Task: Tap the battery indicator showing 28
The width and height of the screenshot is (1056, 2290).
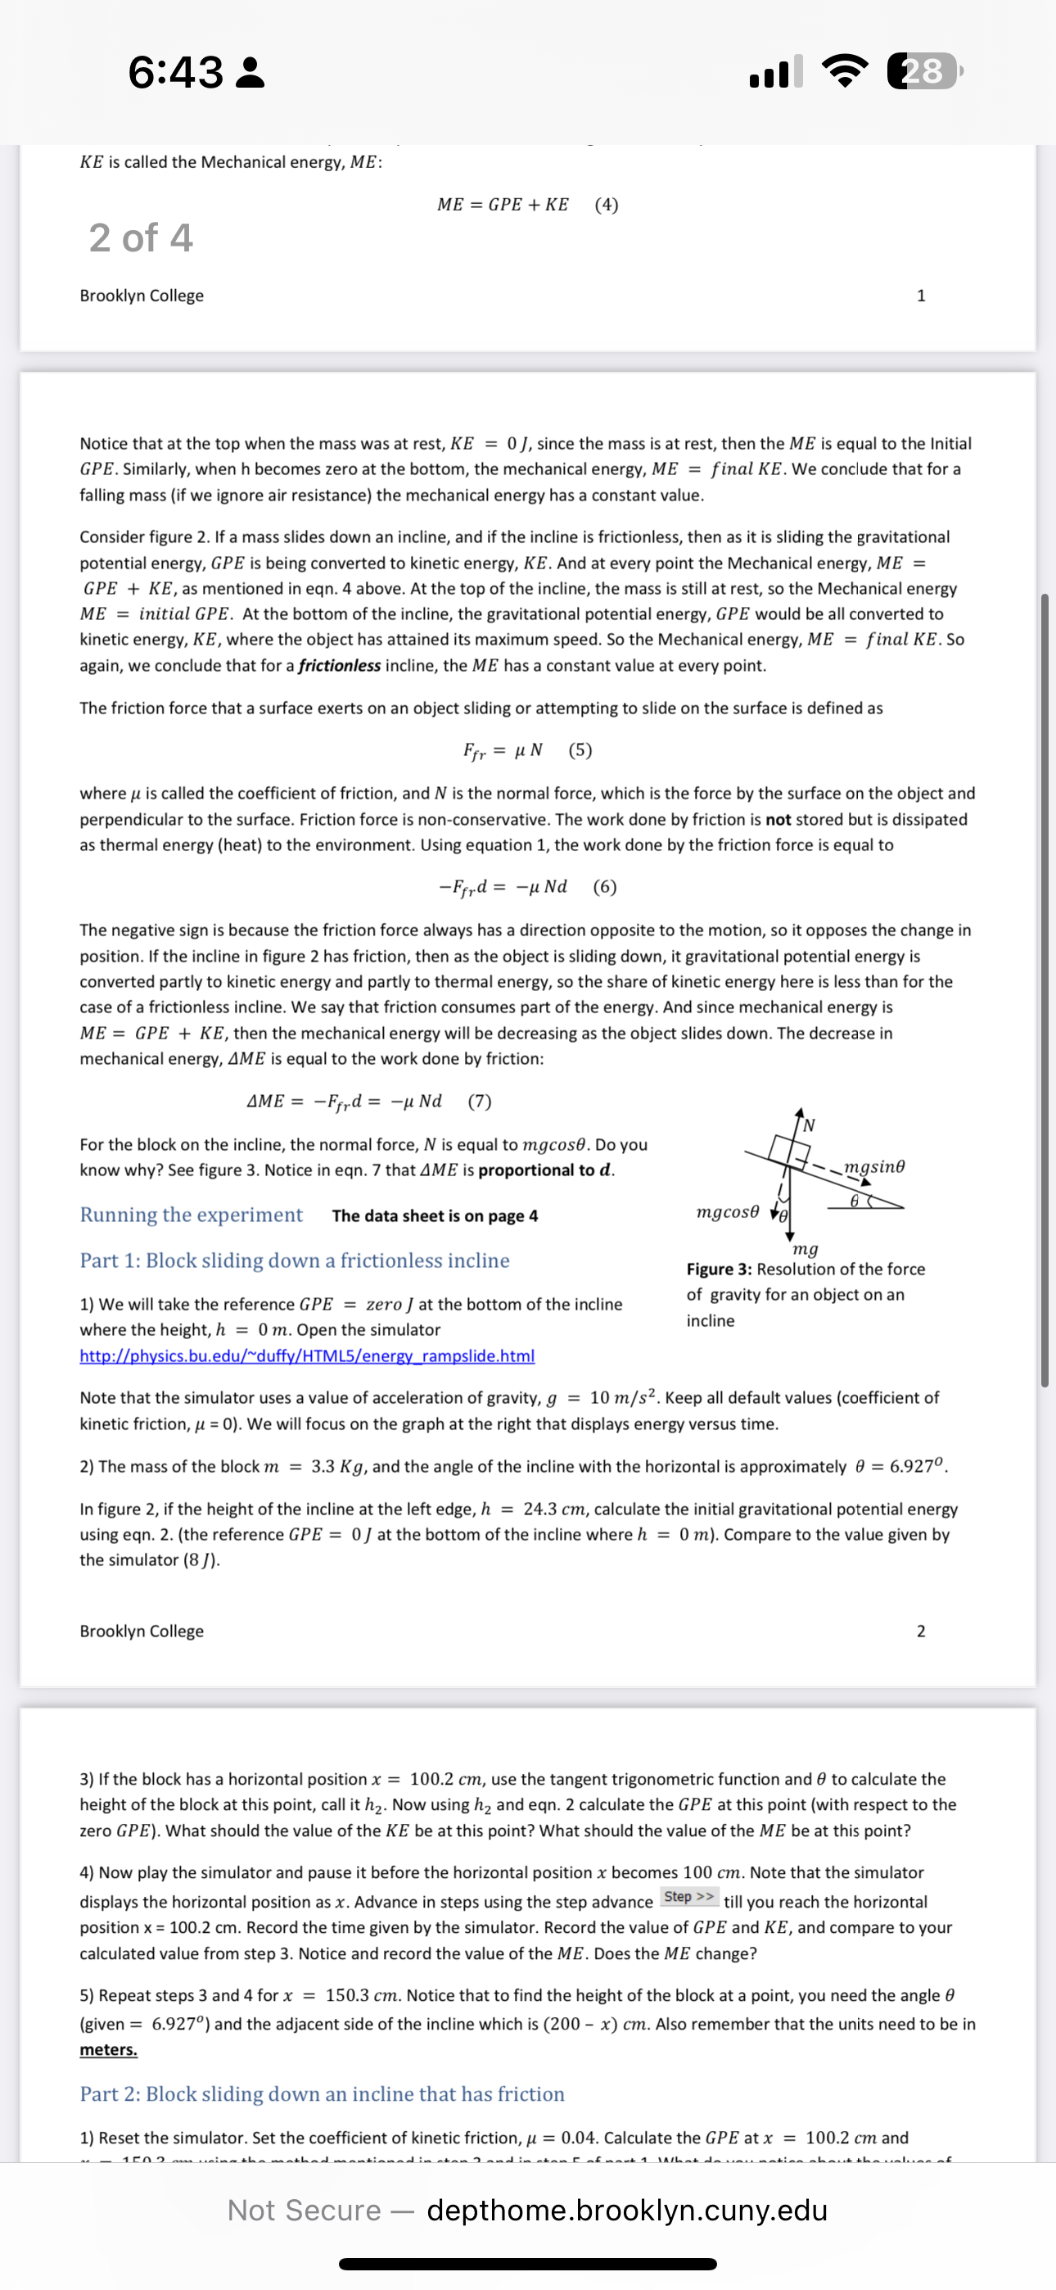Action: pos(923,71)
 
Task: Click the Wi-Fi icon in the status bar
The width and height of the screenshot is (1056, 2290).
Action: pos(846,71)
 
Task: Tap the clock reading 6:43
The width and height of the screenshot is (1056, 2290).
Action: pos(176,72)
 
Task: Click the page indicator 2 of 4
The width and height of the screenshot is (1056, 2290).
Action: pos(141,238)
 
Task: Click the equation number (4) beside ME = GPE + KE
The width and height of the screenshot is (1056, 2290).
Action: pos(607,205)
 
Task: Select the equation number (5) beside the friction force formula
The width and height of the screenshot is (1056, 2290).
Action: pos(580,750)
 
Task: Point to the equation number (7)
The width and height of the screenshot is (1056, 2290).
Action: pos(479,1102)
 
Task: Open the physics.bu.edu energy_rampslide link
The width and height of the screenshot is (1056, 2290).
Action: pos(307,1355)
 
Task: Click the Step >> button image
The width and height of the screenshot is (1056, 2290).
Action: pos(689,1897)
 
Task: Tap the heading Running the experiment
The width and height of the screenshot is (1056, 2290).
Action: pos(191,1215)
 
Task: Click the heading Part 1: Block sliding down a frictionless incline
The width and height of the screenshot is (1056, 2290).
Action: pos(294,1260)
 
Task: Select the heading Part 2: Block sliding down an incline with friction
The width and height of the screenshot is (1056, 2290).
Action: pos(322,2093)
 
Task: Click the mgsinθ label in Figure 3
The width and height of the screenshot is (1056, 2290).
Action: pos(873,1166)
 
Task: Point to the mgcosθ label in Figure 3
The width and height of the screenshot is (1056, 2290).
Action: pos(728,1211)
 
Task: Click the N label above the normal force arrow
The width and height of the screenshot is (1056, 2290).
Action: pos(809,1126)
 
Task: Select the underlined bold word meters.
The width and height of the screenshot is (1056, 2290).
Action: pos(108,2050)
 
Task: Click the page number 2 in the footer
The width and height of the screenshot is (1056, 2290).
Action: pos(921,1632)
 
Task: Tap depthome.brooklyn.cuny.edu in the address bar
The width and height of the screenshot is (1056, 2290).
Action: pos(627,2210)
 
